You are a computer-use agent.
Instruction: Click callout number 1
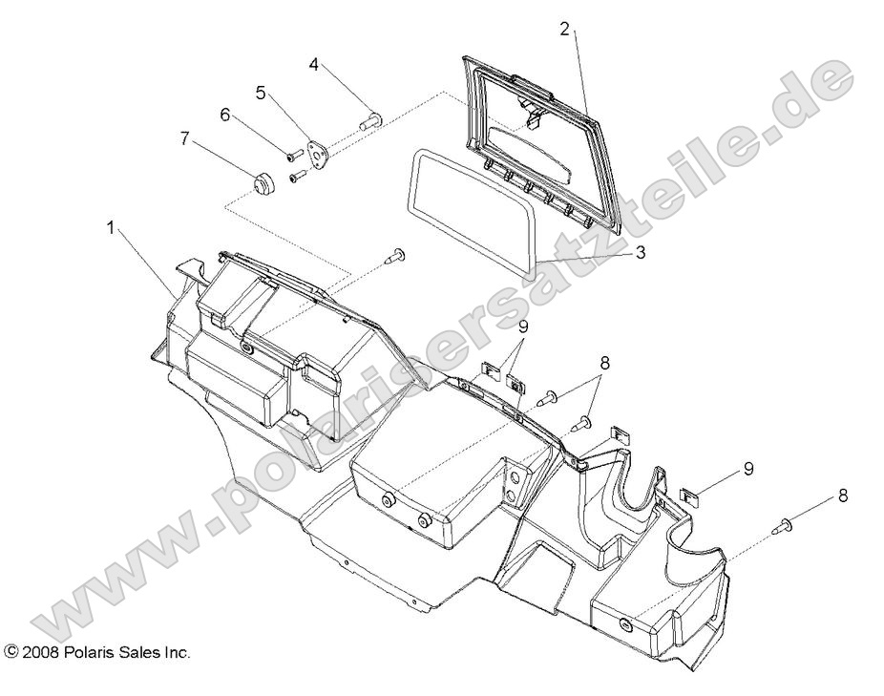(111, 228)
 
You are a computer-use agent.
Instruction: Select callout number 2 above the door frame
(564, 29)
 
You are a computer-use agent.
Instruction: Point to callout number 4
(313, 65)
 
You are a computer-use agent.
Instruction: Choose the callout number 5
(260, 93)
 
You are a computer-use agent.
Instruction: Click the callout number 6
(225, 115)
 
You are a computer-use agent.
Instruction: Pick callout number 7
(184, 138)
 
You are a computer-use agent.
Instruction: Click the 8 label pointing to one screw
(842, 496)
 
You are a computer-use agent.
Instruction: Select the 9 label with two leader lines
(523, 327)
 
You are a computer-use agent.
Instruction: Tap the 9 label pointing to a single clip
(747, 469)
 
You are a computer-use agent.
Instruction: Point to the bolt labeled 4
(371, 120)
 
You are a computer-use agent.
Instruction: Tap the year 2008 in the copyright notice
(40, 653)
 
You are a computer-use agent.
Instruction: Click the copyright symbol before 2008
(11, 653)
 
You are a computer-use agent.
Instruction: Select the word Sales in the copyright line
(135, 653)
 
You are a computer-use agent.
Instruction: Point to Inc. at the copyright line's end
(175, 653)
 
